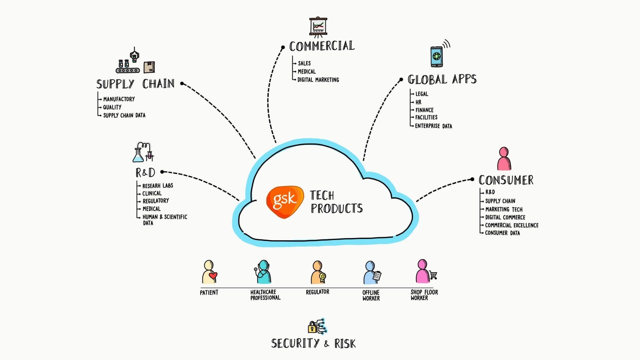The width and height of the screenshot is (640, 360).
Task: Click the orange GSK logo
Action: coord(285,202)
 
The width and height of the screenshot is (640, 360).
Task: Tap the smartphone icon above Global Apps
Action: coord(437,56)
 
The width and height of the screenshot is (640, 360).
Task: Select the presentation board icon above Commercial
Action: coord(318,26)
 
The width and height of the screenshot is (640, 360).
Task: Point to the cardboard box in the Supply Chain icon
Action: coord(149,67)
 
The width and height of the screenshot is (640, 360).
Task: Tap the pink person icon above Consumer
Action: coord(504,159)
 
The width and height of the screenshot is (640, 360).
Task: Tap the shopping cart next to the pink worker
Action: coord(433,275)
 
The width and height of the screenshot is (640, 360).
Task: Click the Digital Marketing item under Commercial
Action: coord(318,80)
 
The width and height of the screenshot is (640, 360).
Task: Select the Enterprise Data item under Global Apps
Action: coord(433,126)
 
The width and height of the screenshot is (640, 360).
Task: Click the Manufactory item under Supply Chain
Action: coord(119,99)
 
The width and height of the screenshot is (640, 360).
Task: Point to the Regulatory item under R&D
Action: coord(156,201)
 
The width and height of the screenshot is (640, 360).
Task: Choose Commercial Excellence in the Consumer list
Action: coord(512,225)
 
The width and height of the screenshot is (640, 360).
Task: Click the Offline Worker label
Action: coord(371,295)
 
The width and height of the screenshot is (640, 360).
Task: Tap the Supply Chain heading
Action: coord(135,84)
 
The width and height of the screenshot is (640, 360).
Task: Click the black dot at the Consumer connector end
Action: coord(472,179)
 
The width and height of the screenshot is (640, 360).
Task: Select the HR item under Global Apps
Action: coord(418,102)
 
